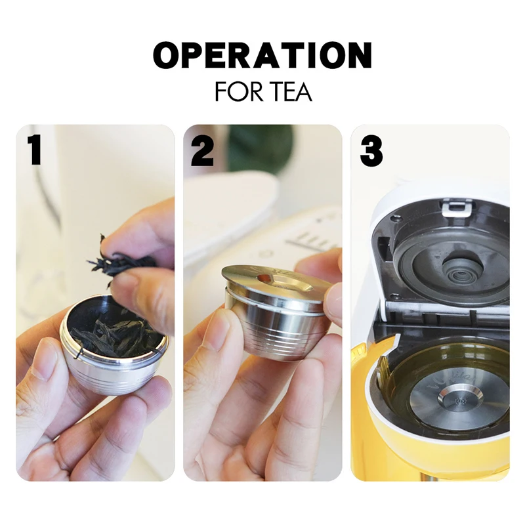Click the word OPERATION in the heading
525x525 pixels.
262,55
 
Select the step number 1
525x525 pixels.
35,151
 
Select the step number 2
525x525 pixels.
202,152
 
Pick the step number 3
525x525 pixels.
371,152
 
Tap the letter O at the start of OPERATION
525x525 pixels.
166,56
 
